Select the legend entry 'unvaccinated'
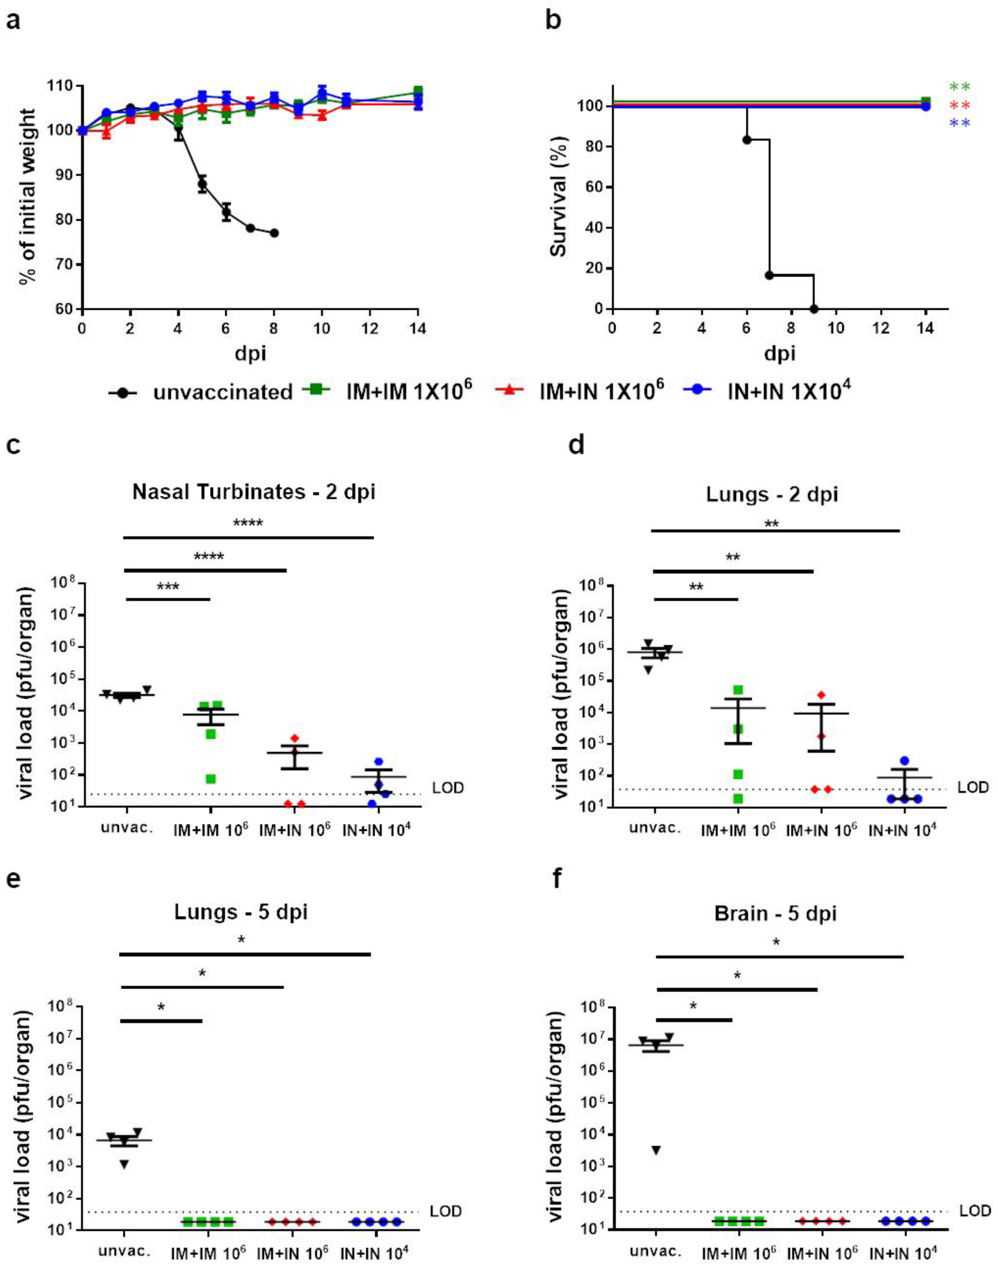[222, 392]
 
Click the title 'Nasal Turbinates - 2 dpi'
[254, 492]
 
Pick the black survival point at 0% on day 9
[814, 309]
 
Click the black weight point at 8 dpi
[274, 233]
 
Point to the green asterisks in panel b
[959, 87]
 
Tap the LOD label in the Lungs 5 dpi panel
[446, 1212]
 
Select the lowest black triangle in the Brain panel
[656, 1151]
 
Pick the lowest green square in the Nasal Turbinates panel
[210, 779]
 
